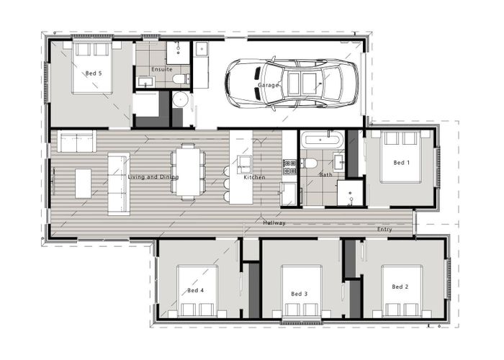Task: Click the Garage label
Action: pos(268,86)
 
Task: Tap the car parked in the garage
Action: pos(292,84)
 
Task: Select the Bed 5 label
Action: pos(94,73)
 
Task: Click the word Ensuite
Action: pos(161,69)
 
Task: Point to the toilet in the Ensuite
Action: pos(182,78)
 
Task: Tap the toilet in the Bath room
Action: pos(310,163)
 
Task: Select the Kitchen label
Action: pos(254,177)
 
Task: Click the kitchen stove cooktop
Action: pos(289,167)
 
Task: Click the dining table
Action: pos(188,171)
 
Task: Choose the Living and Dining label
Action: pos(153,177)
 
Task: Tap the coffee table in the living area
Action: pos(84,183)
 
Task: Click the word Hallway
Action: pos(274,223)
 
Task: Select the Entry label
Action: pos(385,230)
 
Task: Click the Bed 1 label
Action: pos(401,163)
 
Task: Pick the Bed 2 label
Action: pos(400,287)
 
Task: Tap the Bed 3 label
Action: pos(300,294)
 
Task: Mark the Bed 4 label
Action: pos(195,290)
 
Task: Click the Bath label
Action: pos(325,175)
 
